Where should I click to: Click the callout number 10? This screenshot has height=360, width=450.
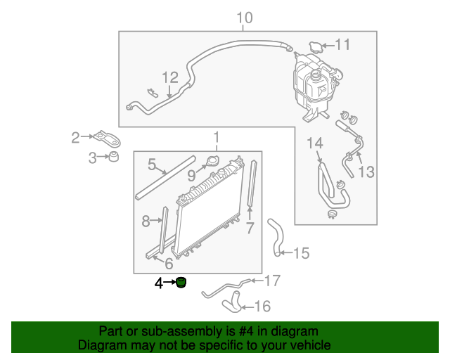coord(244,18)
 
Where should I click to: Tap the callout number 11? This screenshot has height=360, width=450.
coord(342,45)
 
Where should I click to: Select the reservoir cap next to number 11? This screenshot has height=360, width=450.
coord(316,46)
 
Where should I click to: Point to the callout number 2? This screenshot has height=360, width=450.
coord(76,137)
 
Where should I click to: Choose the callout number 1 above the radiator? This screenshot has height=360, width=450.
coord(217,138)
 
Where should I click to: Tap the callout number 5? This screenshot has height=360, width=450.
coord(152,165)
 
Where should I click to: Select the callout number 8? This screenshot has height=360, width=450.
coord(146,221)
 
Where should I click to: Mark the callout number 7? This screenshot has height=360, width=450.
coord(249,228)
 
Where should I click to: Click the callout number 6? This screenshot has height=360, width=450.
coord(169,264)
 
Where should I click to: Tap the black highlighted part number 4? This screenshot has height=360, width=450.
coord(181,283)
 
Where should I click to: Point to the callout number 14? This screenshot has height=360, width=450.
coord(314,145)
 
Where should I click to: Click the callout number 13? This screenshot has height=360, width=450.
coord(366,172)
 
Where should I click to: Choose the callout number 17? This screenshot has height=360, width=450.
coord(271,281)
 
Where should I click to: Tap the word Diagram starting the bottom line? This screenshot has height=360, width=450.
coord(100,345)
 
